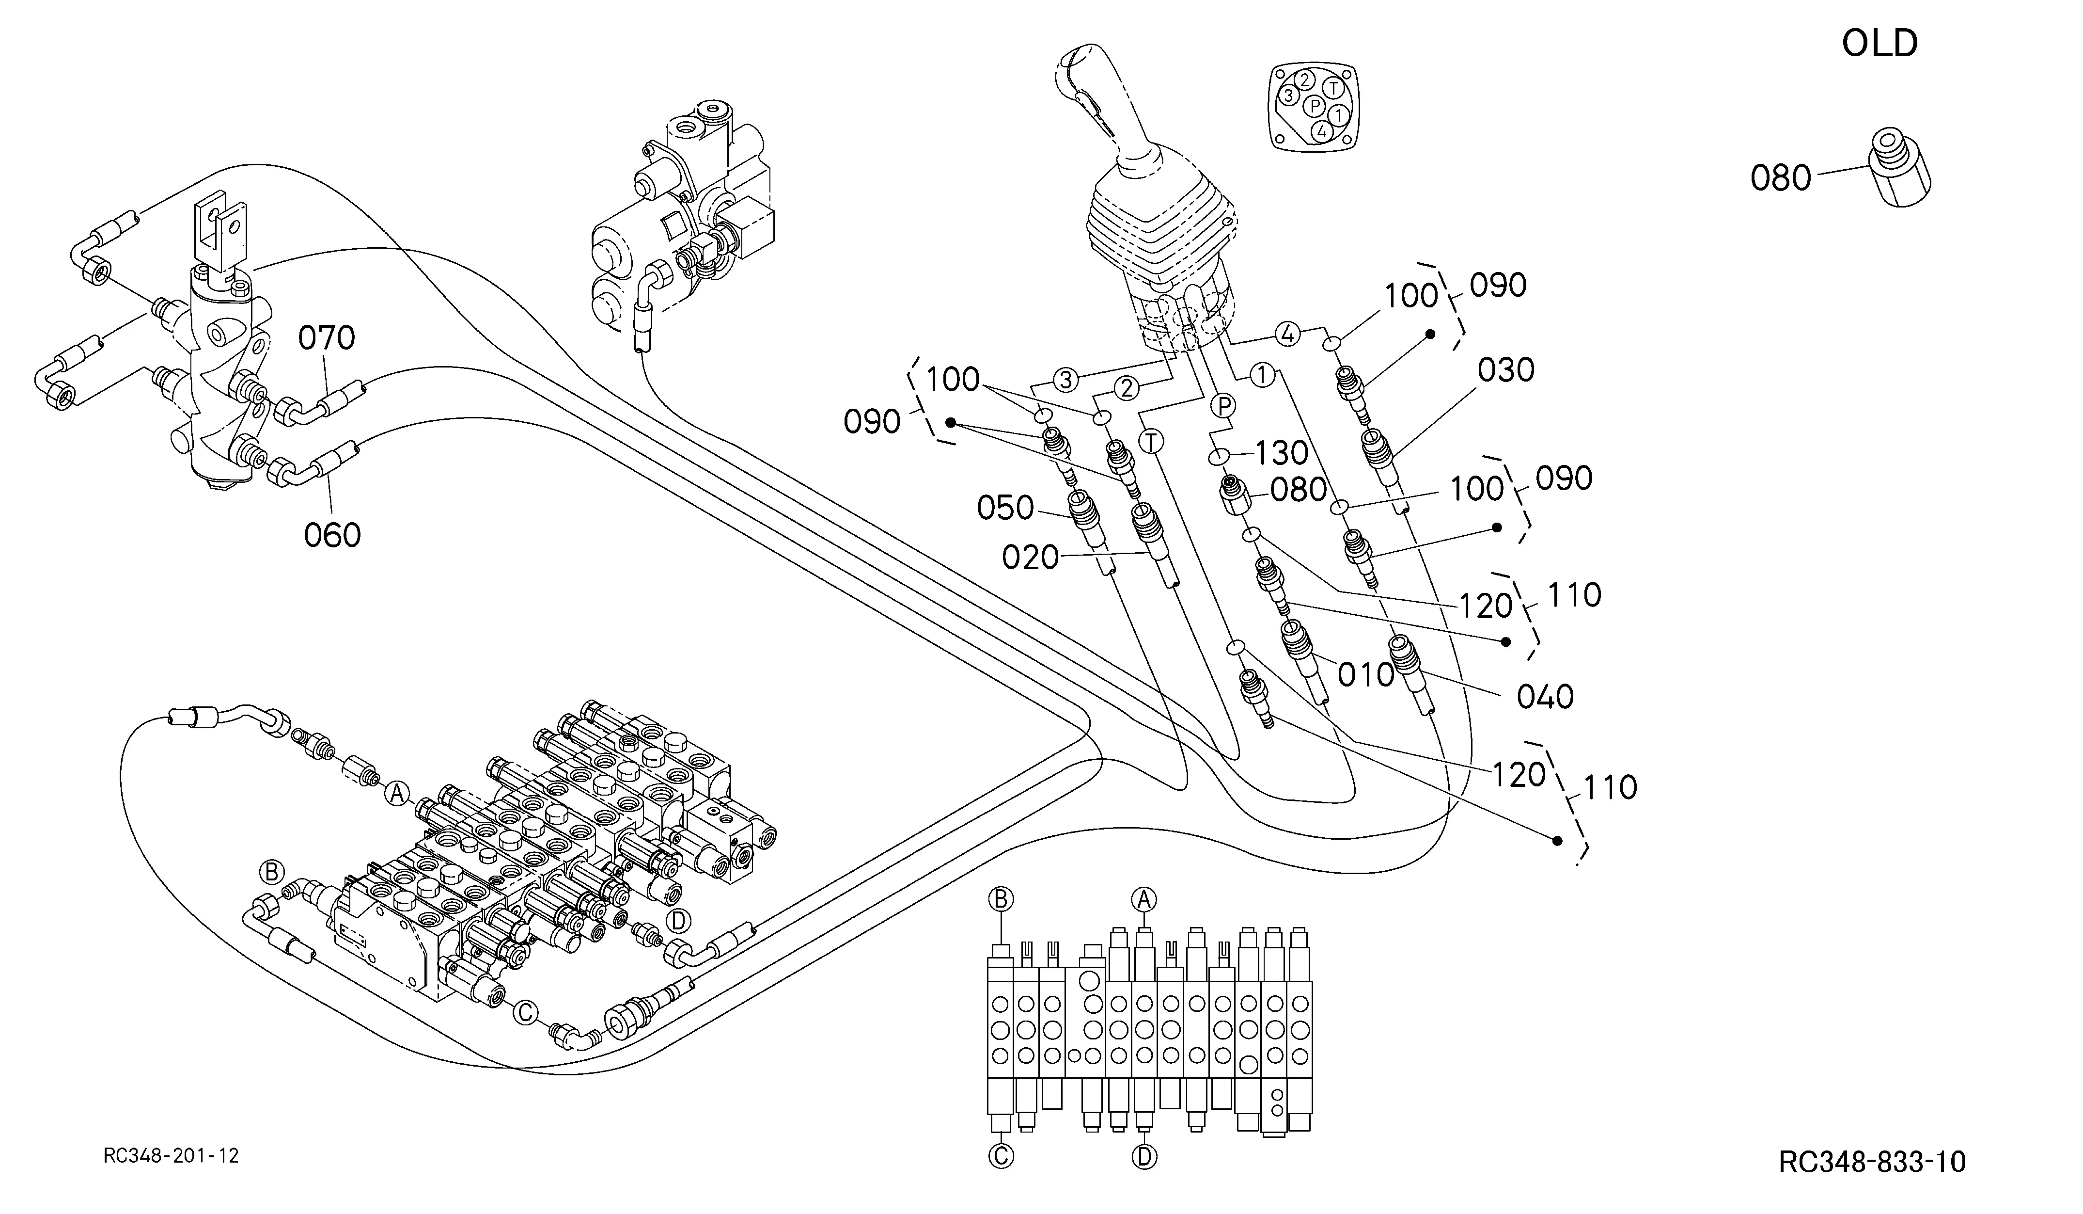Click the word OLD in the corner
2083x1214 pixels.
pos(1879,43)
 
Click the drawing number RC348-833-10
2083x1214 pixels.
pos(1872,1162)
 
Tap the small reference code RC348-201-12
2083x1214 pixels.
pos(171,1155)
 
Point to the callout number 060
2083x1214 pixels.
pos(332,535)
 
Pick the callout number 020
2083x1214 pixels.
pos(1030,558)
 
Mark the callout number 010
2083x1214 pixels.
pos(1365,675)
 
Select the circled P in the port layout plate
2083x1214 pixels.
pos(1314,105)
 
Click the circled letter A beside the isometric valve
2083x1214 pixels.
pos(397,793)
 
